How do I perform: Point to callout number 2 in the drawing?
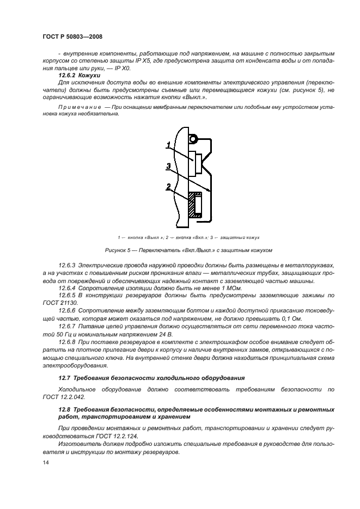(169, 187)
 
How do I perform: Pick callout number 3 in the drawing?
(169, 166)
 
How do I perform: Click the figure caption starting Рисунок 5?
(188, 250)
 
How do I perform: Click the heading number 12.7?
(65, 377)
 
